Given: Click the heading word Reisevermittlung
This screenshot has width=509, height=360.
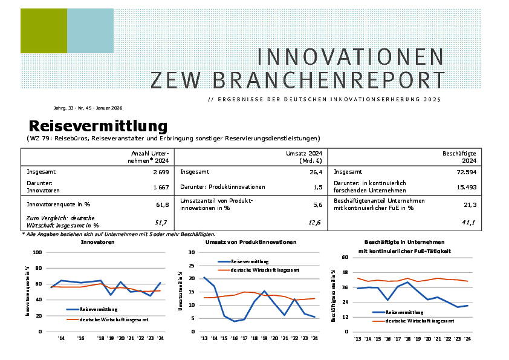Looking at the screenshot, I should (98, 126).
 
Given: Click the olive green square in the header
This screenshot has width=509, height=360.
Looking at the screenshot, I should (44, 31).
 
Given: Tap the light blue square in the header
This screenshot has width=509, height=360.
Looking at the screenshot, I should (90, 31).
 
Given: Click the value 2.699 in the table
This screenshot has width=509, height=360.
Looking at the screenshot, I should (160, 172).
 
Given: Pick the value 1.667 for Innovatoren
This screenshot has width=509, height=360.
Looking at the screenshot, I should (161, 187).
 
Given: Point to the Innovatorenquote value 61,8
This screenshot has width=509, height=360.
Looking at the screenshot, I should (163, 205).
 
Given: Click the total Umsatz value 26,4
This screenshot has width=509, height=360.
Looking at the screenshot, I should (315, 172).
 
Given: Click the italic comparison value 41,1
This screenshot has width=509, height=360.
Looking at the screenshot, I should (469, 223).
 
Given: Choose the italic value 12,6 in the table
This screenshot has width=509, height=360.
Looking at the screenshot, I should (314, 223).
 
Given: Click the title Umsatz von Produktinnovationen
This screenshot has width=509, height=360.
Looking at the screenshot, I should (251, 242).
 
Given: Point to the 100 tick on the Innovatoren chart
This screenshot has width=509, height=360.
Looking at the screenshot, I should (37, 252).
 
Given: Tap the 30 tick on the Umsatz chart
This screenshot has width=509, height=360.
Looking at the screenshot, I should (192, 252).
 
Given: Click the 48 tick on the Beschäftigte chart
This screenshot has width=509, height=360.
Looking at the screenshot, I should (346, 272).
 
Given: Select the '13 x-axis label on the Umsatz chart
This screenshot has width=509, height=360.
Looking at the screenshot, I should (204, 339).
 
